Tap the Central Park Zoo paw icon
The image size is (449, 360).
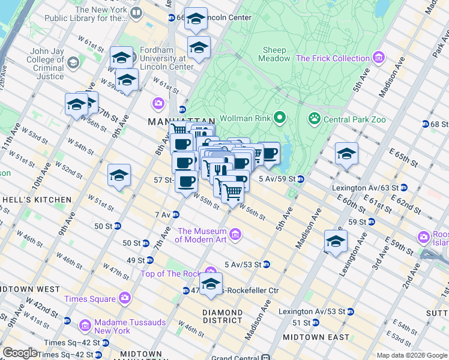click(x=313, y=118)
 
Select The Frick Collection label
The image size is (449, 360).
click(x=333, y=58)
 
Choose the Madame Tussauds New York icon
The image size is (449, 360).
click(x=85, y=326)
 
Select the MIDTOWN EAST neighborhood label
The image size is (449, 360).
click(x=312, y=337)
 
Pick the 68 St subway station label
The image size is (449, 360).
click(x=439, y=124)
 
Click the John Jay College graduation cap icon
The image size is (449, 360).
click(x=73, y=62)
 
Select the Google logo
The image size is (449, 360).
click(x=20, y=353)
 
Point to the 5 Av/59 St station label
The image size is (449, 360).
click(x=277, y=179)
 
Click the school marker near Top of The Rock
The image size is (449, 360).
click(x=211, y=284)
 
